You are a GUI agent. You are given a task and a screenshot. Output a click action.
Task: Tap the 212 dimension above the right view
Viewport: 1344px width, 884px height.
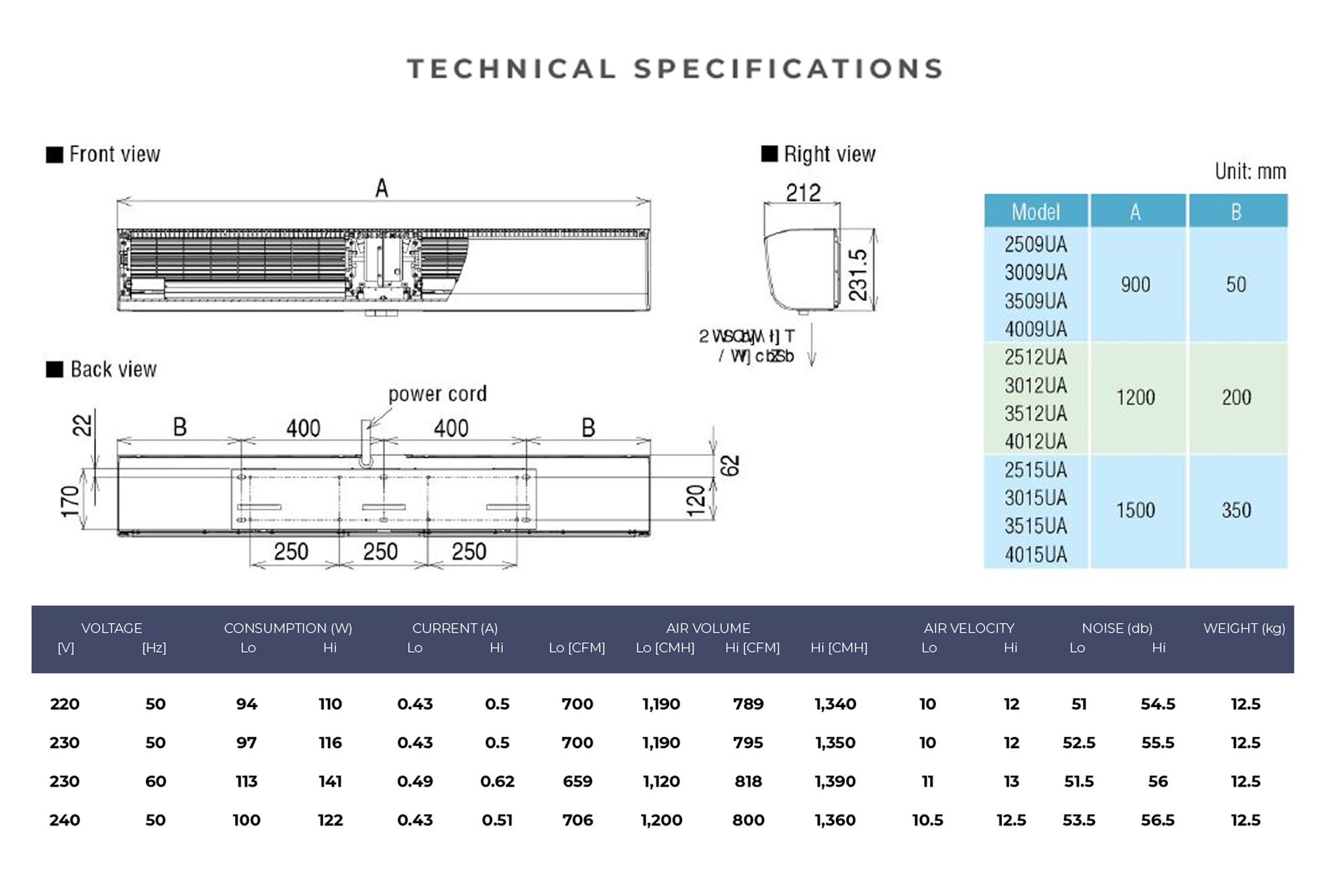tap(803, 193)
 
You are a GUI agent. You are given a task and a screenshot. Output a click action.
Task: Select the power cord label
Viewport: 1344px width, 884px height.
tap(437, 394)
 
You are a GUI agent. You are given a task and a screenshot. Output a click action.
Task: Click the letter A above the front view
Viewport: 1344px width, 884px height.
tap(382, 188)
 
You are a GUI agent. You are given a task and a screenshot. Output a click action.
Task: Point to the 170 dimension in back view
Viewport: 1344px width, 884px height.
tap(70, 501)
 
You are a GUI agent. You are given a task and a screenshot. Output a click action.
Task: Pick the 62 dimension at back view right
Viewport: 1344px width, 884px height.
tap(730, 465)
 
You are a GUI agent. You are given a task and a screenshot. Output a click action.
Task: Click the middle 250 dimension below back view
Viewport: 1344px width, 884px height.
tap(380, 552)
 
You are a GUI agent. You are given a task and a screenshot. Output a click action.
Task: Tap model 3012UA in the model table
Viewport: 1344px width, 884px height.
tap(1036, 386)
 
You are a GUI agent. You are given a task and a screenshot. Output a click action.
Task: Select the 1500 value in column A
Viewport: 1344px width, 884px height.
tap(1136, 510)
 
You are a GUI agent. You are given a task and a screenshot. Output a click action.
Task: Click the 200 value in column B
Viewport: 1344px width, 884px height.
tap(1236, 397)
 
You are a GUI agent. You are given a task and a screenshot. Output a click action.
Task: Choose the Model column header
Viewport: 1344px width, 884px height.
tap(1036, 212)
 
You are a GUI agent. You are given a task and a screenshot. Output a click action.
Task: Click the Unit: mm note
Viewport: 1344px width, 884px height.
tap(1250, 172)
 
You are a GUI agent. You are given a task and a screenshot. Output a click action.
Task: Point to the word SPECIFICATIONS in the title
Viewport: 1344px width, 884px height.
tap(788, 69)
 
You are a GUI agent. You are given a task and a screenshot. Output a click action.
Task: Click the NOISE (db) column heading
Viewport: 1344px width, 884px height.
tap(1117, 628)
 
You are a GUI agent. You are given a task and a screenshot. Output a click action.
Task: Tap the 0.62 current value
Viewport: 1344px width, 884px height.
tap(497, 782)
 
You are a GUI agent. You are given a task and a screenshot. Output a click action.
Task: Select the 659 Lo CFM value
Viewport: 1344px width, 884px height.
tap(577, 782)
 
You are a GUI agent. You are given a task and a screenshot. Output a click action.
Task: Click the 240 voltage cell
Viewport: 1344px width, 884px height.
tap(65, 820)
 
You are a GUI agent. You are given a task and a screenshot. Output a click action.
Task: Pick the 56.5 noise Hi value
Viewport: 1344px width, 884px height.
tap(1158, 820)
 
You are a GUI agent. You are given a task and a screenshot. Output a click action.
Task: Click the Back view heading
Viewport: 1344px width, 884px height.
tap(113, 370)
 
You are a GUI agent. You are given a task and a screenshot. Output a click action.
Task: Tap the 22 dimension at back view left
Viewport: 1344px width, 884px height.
tap(82, 425)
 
